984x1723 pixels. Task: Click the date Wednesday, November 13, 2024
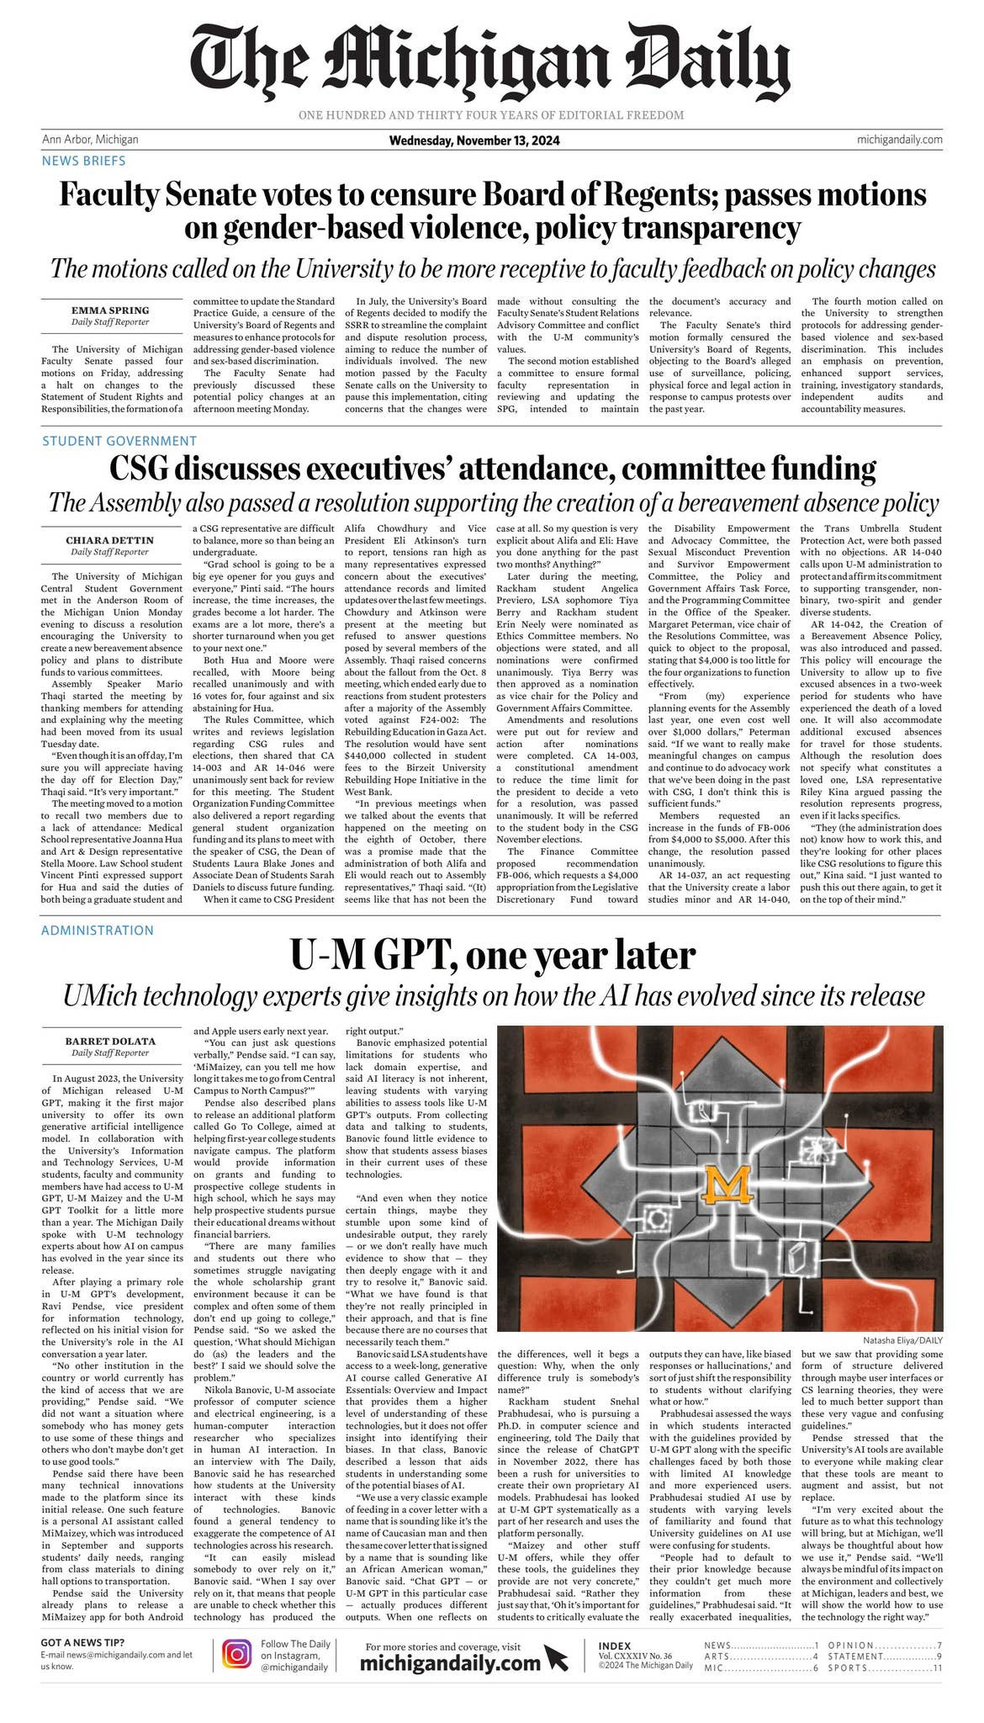(474, 140)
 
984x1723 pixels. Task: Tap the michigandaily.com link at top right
(899, 140)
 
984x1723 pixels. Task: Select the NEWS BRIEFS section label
(83, 161)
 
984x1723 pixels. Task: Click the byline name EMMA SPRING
(110, 310)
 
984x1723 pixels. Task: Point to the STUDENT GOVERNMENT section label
(119, 441)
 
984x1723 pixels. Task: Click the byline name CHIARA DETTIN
(110, 540)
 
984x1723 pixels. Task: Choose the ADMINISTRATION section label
(97, 930)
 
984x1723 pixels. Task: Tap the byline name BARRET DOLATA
(110, 1042)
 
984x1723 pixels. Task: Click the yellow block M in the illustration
(727, 1185)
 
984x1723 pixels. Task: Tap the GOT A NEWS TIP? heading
(82, 1643)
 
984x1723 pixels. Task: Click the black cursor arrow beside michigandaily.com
(556, 1658)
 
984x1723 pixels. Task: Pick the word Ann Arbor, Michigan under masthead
(90, 140)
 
